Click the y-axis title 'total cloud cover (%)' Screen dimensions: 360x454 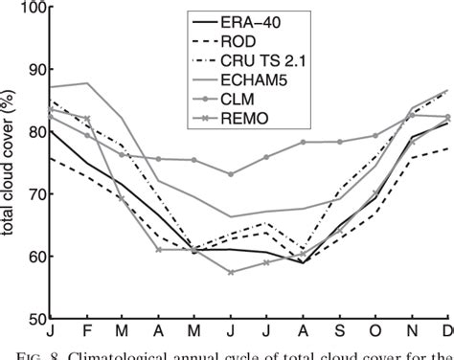pos(14,163)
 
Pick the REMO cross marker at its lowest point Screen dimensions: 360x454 pos(229,272)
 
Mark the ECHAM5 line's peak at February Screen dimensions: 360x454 pos(89,83)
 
